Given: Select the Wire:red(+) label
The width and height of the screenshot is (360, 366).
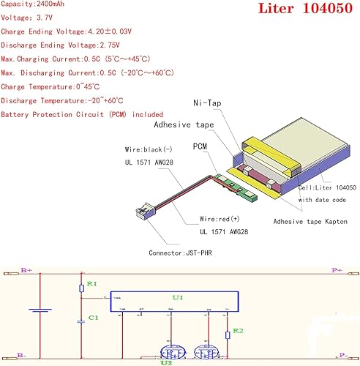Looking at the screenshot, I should [x=222, y=219].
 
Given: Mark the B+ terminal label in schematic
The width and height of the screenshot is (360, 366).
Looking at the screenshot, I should [x=26, y=270].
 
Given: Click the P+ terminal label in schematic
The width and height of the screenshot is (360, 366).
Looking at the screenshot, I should [x=337, y=270].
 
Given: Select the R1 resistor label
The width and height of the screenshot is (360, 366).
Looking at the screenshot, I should [x=91, y=283].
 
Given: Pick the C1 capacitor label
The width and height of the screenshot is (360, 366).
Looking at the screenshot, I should [x=91, y=318].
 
